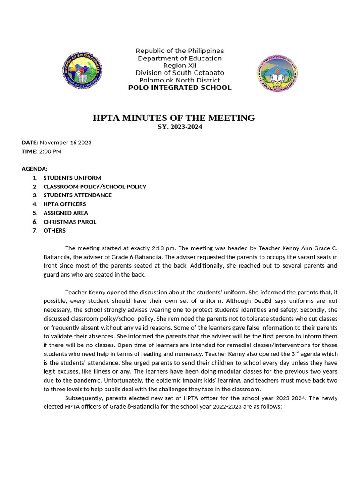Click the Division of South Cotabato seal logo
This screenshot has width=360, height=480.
click(82, 71)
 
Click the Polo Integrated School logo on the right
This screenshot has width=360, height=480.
click(277, 73)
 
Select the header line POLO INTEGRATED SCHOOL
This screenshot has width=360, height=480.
click(180, 88)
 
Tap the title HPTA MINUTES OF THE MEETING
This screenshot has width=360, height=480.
click(174, 118)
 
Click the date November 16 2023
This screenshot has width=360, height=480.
click(66, 142)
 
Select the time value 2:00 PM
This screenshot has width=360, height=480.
click(50, 151)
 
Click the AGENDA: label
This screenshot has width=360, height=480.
click(35, 169)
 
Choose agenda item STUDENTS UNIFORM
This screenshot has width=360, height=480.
click(72, 178)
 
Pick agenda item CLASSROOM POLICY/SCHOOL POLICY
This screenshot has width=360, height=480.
click(95, 187)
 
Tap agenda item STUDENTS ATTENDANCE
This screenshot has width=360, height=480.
click(77, 195)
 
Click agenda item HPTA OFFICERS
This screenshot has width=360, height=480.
click(65, 204)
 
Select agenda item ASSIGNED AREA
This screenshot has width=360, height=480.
click(66, 213)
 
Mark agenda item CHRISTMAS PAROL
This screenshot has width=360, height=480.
click(70, 222)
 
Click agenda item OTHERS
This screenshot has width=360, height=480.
click(54, 230)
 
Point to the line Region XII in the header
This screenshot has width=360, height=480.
click(180, 66)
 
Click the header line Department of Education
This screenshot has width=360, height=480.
click(180, 58)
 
